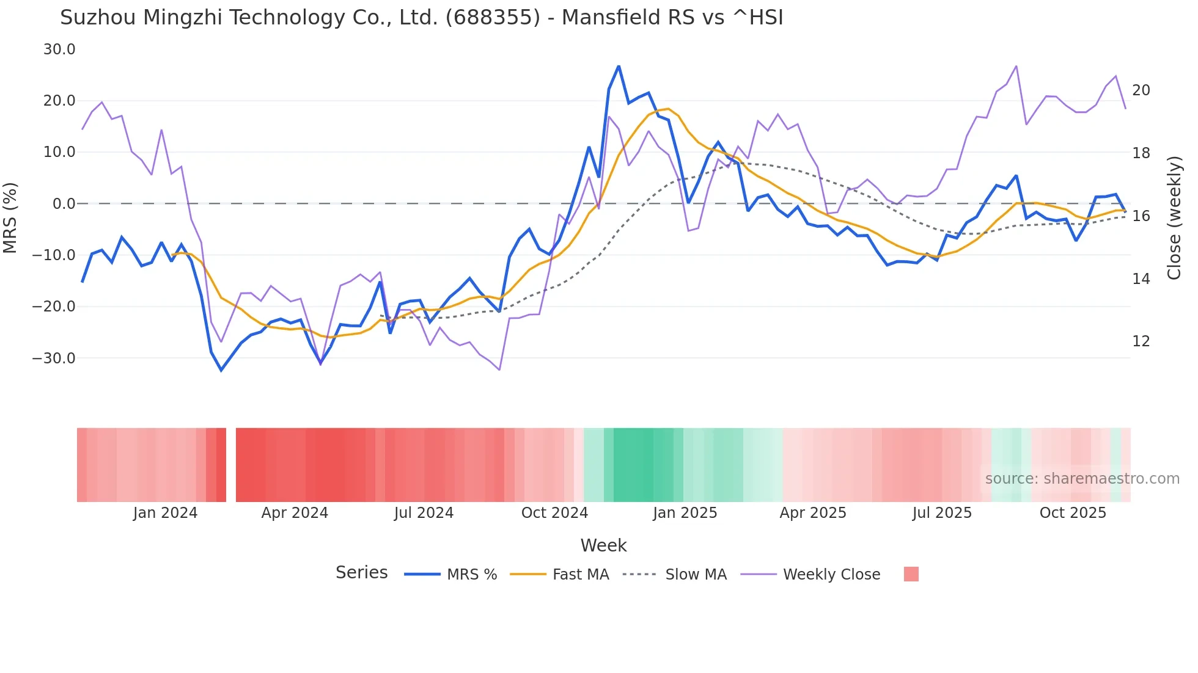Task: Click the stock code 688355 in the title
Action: [x=493, y=18]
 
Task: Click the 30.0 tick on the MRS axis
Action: [x=59, y=49]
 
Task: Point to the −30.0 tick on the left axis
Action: [x=54, y=358]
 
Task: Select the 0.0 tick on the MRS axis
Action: [x=64, y=204]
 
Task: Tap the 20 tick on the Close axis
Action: [x=1141, y=90]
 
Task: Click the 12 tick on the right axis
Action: [x=1141, y=341]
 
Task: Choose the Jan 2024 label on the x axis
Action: [x=165, y=513]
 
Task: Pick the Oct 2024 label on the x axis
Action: [x=554, y=513]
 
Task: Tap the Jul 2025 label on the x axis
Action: [x=942, y=513]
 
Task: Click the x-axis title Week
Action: [x=603, y=545]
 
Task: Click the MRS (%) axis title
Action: [x=10, y=217]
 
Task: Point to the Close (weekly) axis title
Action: [x=1174, y=218]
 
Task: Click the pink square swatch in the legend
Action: [x=911, y=574]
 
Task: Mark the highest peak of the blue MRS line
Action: [x=619, y=66]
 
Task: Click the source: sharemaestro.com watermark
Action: [x=1082, y=479]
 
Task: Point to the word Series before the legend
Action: [x=361, y=573]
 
